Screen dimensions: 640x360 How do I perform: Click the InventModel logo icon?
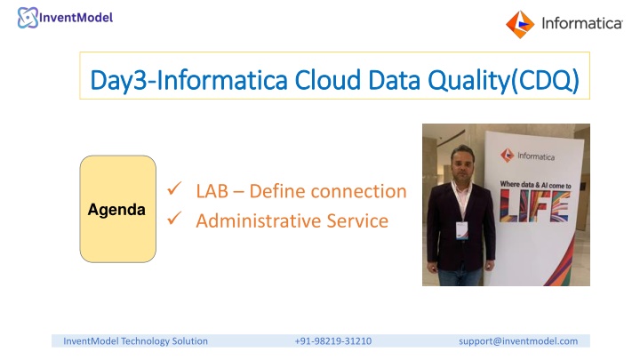coord(28,18)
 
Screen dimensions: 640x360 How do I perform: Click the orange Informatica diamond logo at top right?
coord(520,25)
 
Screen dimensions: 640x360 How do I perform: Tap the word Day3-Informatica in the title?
coord(188,80)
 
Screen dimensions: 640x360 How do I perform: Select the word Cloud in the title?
coord(327,80)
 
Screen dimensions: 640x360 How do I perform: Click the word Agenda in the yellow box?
coord(116,210)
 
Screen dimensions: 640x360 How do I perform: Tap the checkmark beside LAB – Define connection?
coord(174,188)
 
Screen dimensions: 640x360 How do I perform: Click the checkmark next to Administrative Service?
coord(174,219)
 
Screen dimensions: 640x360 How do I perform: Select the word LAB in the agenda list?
coord(212,191)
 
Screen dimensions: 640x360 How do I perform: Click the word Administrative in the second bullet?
coord(258,220)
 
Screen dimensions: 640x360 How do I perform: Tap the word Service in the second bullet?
coord(357,220)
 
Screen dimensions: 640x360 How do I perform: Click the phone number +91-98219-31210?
coord(333,341)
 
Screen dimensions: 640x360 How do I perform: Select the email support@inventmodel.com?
coord(518,341)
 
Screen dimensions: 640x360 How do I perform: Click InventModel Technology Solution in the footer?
coord(135,341)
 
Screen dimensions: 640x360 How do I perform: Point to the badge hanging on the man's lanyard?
coord(461,230)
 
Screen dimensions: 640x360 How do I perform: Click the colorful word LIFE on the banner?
coord(535,206)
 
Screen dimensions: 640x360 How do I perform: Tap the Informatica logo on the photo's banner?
coord(527,156)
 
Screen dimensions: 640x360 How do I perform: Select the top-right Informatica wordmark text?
coord(581,24)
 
